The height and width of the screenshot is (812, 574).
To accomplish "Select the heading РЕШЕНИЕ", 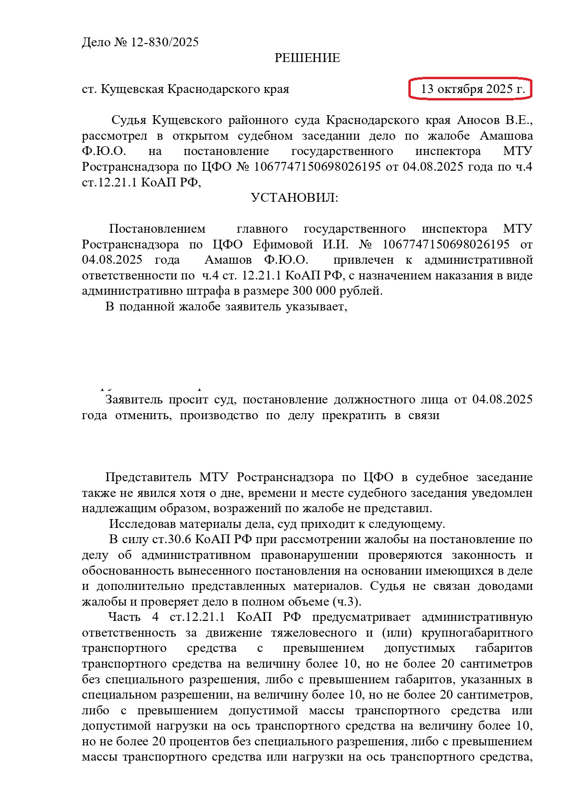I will coord(307,58).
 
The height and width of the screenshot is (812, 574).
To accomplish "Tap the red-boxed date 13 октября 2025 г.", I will coord(470,89).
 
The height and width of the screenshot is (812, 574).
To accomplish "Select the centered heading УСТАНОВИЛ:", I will coord(294,198).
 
